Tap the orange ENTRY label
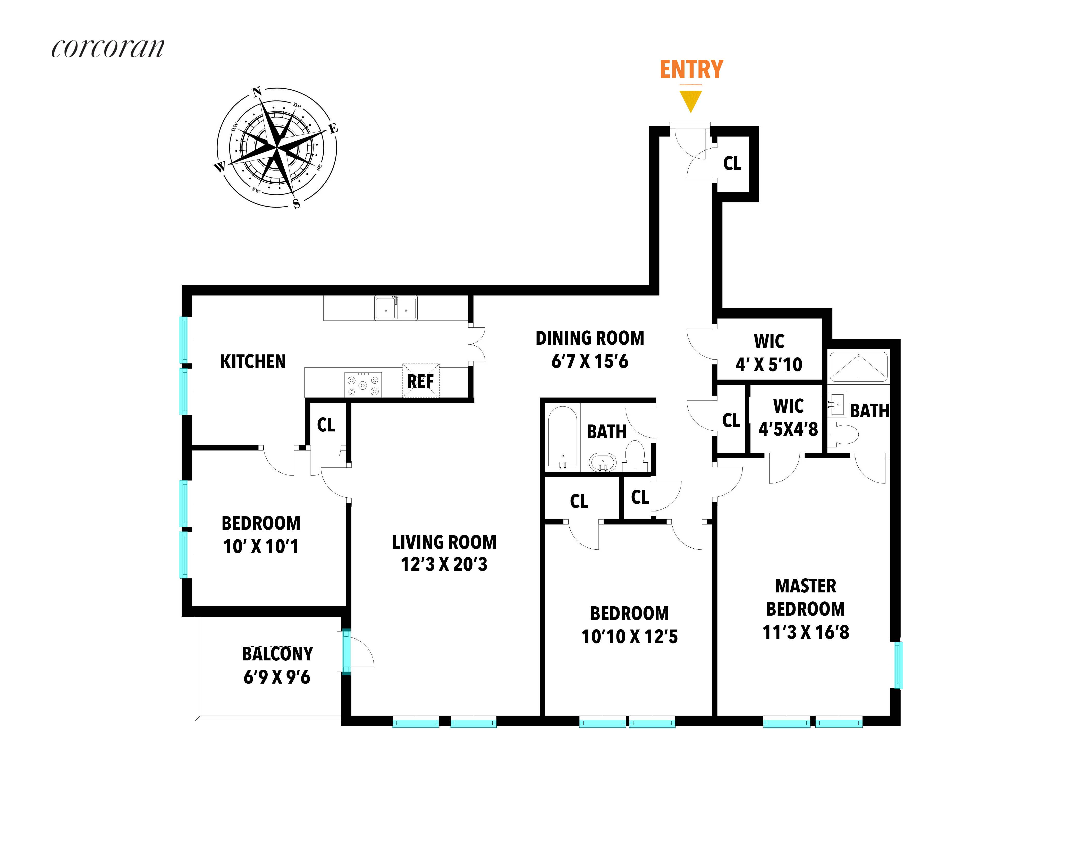tap(691, 70)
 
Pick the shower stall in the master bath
tap(858, 367)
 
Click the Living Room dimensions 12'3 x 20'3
tap(444, 564)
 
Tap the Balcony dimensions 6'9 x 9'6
tap(277, 677)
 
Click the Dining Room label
tap(590, 338)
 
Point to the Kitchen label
tap(253, 361)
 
